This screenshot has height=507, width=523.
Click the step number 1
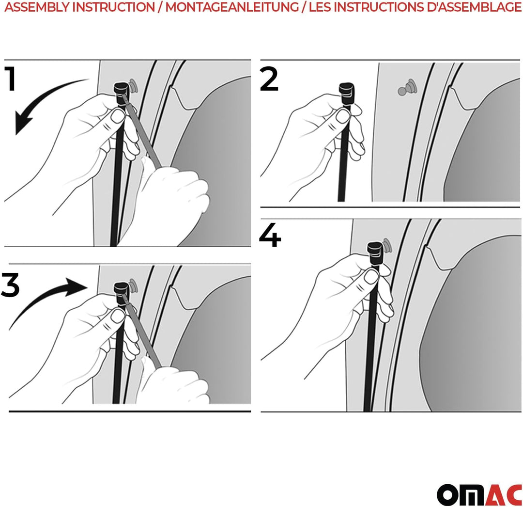[10, 79]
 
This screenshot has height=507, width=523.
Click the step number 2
[269, 79]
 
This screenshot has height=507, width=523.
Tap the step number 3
[10, 285]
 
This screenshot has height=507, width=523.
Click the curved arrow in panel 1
[40, 97]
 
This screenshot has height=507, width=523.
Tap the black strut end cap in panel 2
[347, 93]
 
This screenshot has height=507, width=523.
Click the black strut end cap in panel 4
[375, 253]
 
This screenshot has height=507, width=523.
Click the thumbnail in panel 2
[342, 116]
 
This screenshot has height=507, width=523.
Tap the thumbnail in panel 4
[371, 276]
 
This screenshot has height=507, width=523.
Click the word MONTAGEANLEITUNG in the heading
[232, 7]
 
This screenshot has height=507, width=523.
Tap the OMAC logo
[479, 495]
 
